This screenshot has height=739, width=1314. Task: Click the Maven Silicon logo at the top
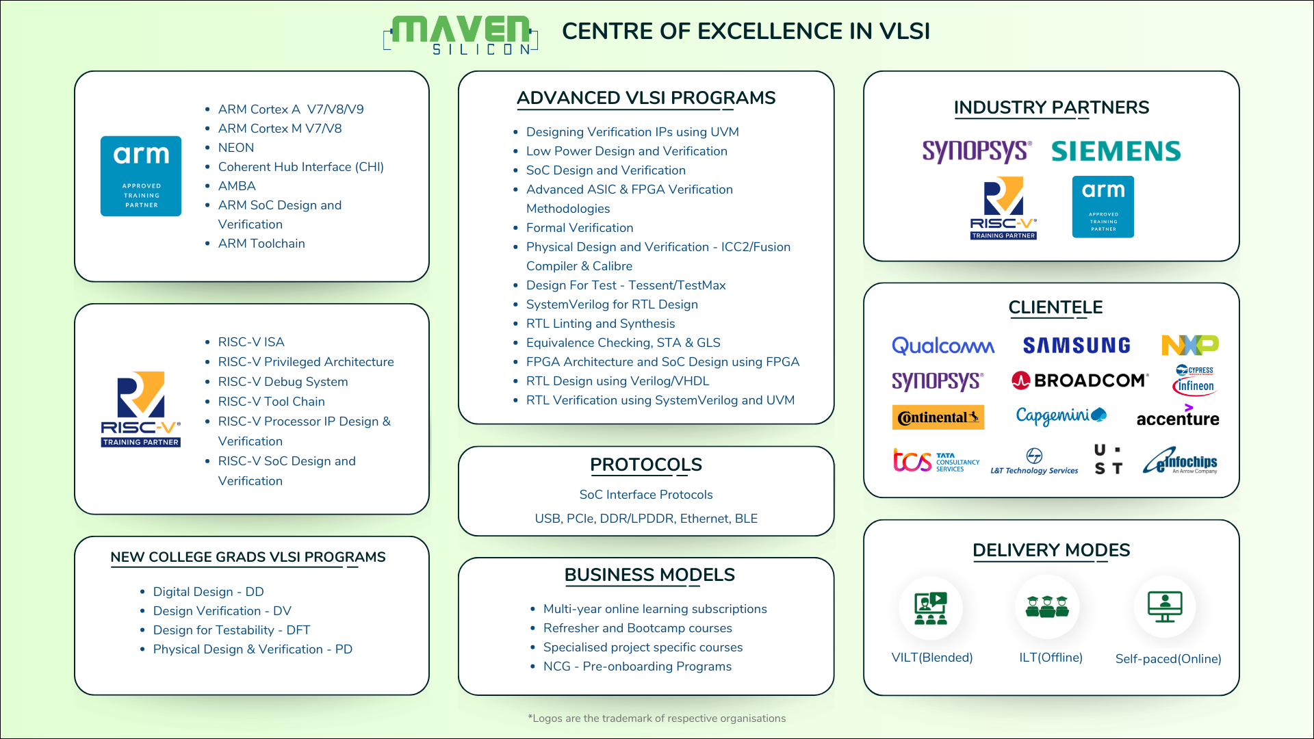(x=461, y=35)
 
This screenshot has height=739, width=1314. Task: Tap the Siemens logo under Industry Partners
(x=1116, y=151)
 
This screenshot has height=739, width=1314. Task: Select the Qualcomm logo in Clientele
(x=943, y=346)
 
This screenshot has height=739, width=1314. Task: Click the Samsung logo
(x=1077, y=346)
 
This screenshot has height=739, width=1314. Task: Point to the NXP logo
(x=1190, y=345)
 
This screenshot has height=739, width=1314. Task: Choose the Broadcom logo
(x=1080, y=380)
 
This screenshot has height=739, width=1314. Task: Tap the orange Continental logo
(x=938, y=417)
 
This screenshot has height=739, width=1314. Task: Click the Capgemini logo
(x=1061, y=415)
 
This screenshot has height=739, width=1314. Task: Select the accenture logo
(x=1178, y=417)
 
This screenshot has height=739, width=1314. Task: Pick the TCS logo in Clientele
(x=936, y=461)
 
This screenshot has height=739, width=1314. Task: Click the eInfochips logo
(x=1181, y=461)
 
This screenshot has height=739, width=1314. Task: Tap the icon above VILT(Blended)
(x=931, y=608)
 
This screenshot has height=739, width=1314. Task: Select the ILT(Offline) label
(x=1051, y=658)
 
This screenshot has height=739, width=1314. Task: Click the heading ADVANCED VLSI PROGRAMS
(x=646, y=98)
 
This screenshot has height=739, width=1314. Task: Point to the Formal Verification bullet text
(x=580, y=228)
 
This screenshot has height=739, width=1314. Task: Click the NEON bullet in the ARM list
(x=236, y=148)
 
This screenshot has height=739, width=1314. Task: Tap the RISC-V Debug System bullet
(x=283, y=382)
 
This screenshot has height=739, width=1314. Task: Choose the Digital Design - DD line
(x=208, y=592)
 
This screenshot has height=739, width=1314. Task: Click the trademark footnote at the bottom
(x=657, y=718)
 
